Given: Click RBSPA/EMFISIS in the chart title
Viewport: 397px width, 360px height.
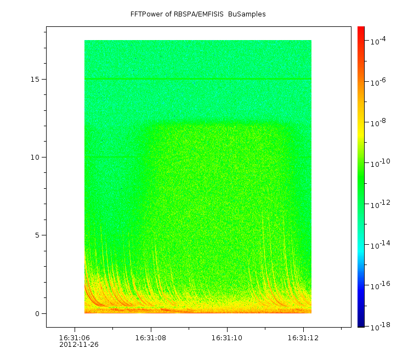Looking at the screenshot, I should (x=196, y=14).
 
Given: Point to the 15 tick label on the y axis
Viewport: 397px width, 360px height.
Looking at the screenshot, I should (x=35, y=79).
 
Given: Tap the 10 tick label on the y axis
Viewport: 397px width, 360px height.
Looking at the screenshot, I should (x=35, y=157).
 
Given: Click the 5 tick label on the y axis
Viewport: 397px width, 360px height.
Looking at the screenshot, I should (x=37, y=235).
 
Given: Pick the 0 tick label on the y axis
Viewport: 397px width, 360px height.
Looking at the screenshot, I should (x=37, y=314).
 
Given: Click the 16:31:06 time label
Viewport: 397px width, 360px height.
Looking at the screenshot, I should (x=75, y=337).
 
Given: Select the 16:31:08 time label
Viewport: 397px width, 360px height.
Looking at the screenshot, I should (x=151, y=337).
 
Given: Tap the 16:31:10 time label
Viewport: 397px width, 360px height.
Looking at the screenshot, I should (x=227, y=337).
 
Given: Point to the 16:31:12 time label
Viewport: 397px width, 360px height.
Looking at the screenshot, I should (x=303, y=337).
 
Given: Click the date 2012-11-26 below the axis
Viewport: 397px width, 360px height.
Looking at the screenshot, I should (x=79, y=345).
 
